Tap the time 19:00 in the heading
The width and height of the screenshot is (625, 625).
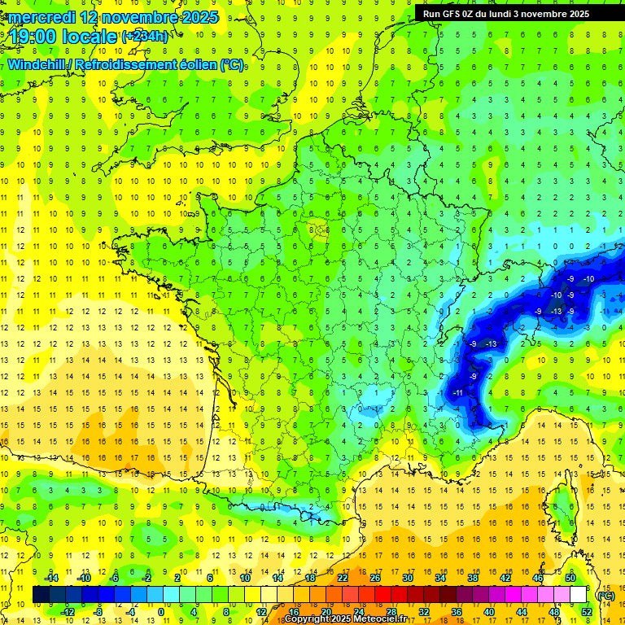click(35, 36)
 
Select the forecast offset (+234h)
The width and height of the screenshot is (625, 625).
click(146, 36)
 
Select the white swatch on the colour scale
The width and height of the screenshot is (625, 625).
click(578, 595)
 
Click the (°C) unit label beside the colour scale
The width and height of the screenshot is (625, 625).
click(605, 595)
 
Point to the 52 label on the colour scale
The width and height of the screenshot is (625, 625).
click(587, 611)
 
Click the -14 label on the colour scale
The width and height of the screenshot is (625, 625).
click(54, 578)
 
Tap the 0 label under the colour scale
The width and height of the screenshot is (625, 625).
click(160, 611)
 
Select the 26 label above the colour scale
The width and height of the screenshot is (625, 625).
click(375, 578)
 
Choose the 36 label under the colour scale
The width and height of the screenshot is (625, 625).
click(457, 611)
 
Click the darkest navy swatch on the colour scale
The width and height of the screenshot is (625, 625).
click(41, 595)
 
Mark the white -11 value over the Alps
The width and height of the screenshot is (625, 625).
click(457, 393)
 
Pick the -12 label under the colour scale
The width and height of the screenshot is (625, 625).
click(68, 611)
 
